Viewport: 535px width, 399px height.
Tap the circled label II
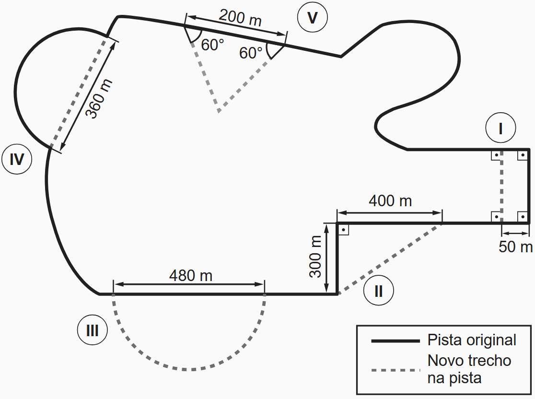[378, 291]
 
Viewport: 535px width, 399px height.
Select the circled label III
[92, 330]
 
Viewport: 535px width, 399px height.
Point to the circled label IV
[17, 159]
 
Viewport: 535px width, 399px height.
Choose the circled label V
[312, 18]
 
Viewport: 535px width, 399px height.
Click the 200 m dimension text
[240, 18]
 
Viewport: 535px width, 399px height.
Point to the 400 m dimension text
[390, 200]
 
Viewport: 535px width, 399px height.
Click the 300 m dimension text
[315, 257]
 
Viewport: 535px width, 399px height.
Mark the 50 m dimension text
[515, 246]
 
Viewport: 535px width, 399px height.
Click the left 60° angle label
[212, 45]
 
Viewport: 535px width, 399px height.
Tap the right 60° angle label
[251, 53]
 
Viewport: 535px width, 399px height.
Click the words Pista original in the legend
[472, 340]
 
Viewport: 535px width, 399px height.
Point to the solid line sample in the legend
[395, 340]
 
